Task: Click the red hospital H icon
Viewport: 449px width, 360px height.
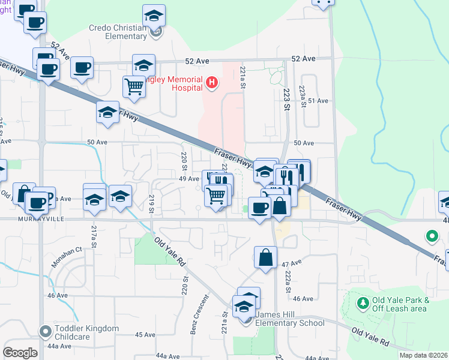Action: pos(211,82)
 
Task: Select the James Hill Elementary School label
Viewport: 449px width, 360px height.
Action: pos(290,319)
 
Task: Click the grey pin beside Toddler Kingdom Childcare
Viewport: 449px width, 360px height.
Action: pos(45,331)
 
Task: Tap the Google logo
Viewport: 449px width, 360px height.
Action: pos(20,353)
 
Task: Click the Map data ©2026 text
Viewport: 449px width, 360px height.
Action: pos(423,355)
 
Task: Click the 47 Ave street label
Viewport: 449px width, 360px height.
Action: pos(291,263)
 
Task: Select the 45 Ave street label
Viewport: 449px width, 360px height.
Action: pos(145,335)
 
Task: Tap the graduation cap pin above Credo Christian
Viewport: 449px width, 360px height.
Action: pos(154,16)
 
